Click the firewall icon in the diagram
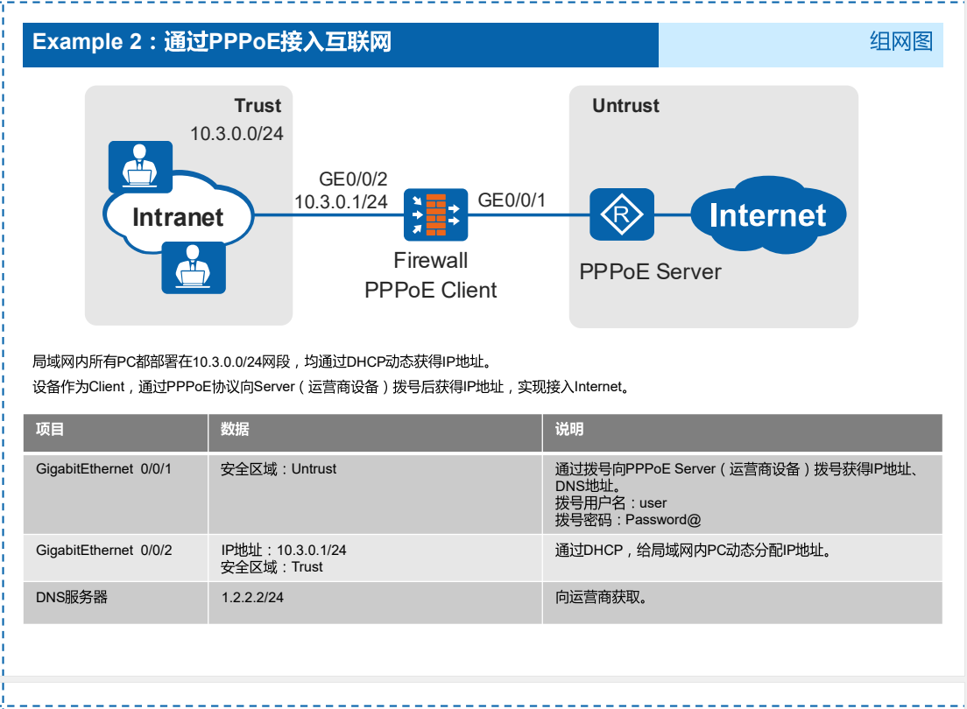coord(435,215)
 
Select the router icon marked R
coord(622,214)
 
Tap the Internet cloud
coord(767,215)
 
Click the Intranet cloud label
coord(178,217)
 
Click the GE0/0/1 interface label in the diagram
coord(512,200)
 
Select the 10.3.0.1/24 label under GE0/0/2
coord(341,202)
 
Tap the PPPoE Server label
coord(650,271)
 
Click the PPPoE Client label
coord(431,290)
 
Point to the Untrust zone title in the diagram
coord(625,106)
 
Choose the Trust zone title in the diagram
coord(258,106)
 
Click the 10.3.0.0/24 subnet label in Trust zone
coord(236,134)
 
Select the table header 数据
coord(235,430)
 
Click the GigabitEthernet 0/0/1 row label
coord(104,469)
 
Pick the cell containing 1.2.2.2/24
coord(252,598)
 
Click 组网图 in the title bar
coord(900,41)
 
